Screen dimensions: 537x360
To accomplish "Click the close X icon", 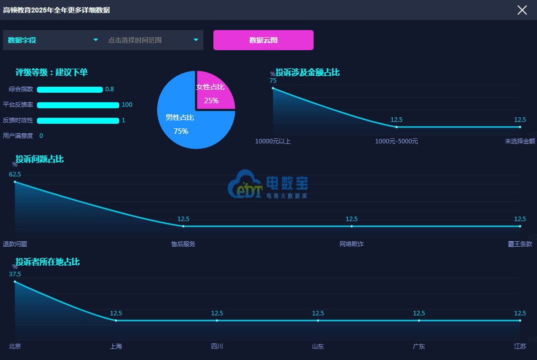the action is [522, 10].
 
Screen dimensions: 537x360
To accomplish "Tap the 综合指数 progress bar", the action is [70, 89].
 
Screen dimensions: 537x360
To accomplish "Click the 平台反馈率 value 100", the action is [127, 105].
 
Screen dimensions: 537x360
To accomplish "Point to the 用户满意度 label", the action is [18, 136].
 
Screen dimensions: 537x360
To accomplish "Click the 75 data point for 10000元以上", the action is [273, 88].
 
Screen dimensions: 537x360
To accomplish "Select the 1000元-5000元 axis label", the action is [397, 141].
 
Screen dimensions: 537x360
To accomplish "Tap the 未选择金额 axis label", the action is [520, 141].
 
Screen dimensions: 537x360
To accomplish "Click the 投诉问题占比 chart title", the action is [40, 159].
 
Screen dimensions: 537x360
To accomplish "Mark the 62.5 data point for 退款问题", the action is [15, 182].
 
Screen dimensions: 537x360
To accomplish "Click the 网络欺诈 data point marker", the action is [352, 226].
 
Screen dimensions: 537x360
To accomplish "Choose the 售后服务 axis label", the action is [183, 244].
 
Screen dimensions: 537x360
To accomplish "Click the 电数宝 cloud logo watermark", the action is [268, 184].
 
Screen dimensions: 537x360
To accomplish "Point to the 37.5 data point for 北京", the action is [15, 281].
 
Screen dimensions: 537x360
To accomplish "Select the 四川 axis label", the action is [217, 346].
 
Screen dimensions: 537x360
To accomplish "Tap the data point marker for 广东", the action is [419, 320].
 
